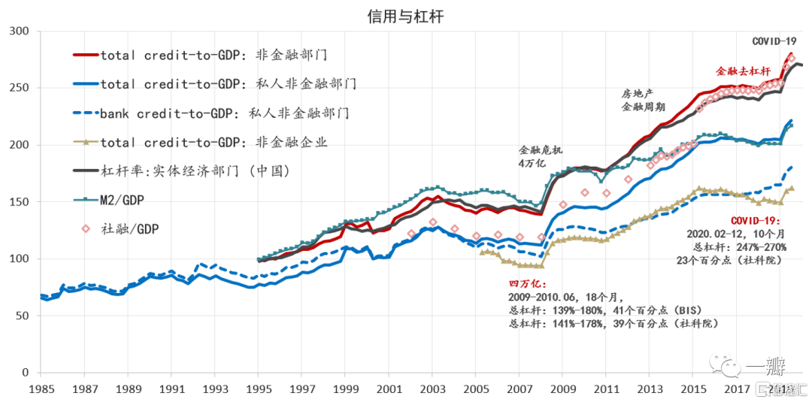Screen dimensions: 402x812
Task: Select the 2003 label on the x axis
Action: pyautogui.click(x=432, y=389)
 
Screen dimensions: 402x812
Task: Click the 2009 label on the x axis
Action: pyautogui.click(x=562, y=389)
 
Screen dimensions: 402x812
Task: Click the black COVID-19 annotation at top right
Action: pyautogui.click(x=774, y=41)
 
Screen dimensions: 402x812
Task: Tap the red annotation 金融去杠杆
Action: pyautogui.click(x=744, y=72)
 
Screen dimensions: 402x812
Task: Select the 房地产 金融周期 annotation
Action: pyautogui.click(x=636, y=101)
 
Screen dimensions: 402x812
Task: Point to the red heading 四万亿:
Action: pyautogui.click(x=524, y=284)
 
